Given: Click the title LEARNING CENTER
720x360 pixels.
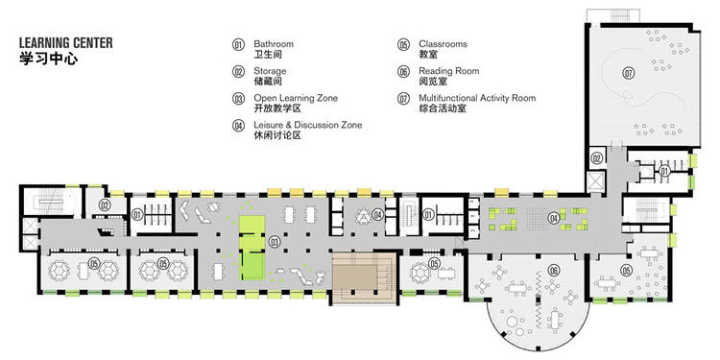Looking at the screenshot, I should pyautogui.click(x=65, y=43).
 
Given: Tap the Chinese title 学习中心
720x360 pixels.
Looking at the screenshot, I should pyautogui.click(x=45, y=59).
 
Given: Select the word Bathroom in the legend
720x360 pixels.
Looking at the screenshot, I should pyautogui.click(x=274, y=44).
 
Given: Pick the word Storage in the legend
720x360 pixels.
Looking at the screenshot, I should pyautogui.click(x=270, y=71).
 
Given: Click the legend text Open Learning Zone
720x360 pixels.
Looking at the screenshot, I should pyautogui.click(x=296, y=98).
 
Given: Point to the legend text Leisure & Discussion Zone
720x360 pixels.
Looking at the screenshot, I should pyautogui.click(x=307, y=125).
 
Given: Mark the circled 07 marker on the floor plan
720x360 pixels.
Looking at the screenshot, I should pyautogui.click(x=629, y=73).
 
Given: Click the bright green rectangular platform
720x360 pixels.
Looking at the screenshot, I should pyautogui.click(x=251, y=246).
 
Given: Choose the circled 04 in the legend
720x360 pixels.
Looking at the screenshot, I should pyautogui.click(x=239, y=126).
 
